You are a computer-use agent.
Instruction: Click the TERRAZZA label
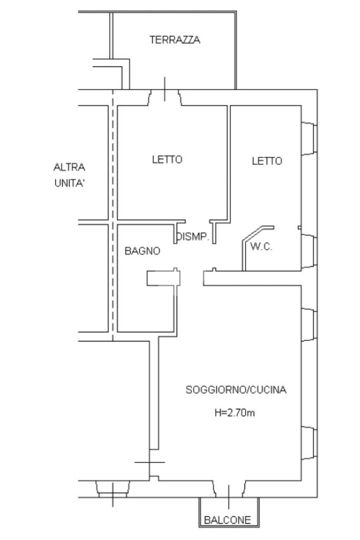[175, 40]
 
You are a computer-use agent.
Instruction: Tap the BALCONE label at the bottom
[228, 521]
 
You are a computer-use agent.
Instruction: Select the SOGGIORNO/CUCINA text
[236, 390]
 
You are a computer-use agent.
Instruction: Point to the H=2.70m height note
[235, 413]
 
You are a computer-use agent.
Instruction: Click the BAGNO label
[142, 251]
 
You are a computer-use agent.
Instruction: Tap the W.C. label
[261, 247]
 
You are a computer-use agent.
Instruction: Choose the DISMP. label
[193, 238]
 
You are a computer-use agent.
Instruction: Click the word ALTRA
[70, 168]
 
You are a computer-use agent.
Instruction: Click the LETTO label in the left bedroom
[168, 160]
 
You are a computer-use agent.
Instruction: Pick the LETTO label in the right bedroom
[267, 161]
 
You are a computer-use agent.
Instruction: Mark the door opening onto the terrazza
[166, 96]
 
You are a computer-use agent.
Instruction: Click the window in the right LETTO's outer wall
[309, 139]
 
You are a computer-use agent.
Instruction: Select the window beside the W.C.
[309, 249]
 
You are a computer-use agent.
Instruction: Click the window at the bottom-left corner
[113, 489]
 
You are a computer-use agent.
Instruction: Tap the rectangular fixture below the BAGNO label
[163, 278]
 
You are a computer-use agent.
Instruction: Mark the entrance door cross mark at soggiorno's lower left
[149, 462]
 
